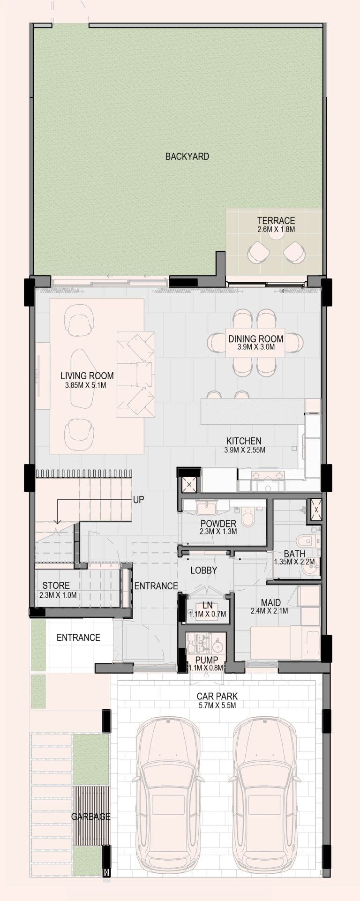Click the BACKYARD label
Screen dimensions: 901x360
click(187, 157)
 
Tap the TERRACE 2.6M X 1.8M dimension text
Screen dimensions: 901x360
click(276, 230)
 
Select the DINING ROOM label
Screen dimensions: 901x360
click(255, 338)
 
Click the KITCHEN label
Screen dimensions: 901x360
click(244, 441)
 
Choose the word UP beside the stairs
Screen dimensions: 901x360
click(139, 500)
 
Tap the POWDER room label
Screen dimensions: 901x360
click(218, 524)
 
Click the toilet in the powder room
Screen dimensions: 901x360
click(247, 519)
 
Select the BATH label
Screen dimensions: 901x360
click(294, 554)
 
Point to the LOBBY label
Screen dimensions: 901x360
click(204, 571)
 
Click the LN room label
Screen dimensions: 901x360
click(208, 606)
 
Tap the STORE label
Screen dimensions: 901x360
click(56, 586)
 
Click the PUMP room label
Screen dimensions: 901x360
click(207, 661)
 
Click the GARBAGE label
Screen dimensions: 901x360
click(91, 816)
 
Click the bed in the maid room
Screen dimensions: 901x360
click(285, 642)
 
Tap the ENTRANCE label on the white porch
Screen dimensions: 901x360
click(78, 638)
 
